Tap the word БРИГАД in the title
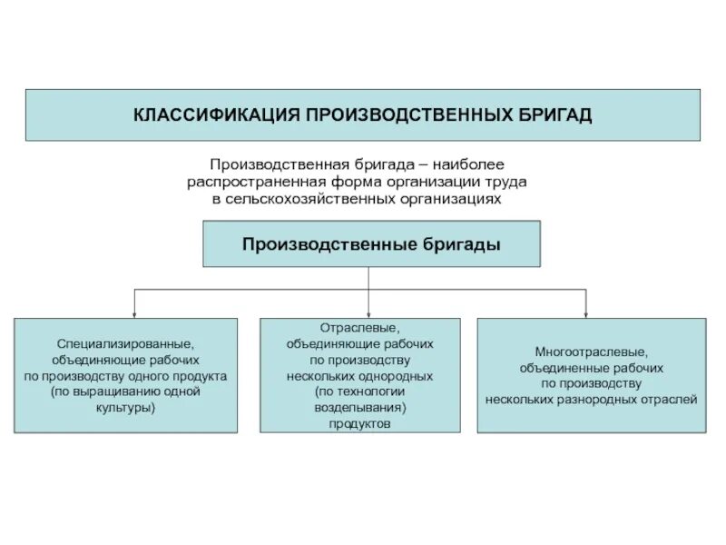(554, 115)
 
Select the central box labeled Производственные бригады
(371, 243)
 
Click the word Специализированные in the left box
(125, 345)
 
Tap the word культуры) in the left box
(126, 408)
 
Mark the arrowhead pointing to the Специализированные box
(135, 312)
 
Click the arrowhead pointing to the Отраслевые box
(368, 312)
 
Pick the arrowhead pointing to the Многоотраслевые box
(585, 312)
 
